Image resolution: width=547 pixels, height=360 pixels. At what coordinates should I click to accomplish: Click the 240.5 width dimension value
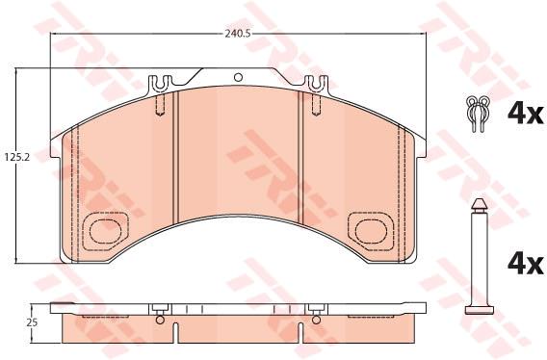coord(238,34)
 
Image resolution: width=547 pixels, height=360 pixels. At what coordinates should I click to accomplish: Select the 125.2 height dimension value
coord(15,157)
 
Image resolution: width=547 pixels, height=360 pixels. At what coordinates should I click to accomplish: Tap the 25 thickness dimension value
coord(32,322)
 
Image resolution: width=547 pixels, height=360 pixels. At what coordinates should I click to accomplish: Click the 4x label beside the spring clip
coord(526,114)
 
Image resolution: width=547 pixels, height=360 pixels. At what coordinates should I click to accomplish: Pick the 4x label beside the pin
coord(526,264)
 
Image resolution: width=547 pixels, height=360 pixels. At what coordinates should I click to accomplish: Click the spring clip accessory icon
coord(478,114)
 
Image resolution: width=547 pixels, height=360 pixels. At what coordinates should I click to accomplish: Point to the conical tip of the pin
coord(480,205)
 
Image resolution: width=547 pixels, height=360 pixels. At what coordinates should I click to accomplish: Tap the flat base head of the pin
coord(480,310)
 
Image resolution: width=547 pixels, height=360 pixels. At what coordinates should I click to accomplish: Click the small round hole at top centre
coord(238,77)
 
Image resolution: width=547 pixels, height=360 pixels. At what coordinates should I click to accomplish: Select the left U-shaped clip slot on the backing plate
coord(160,84)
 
